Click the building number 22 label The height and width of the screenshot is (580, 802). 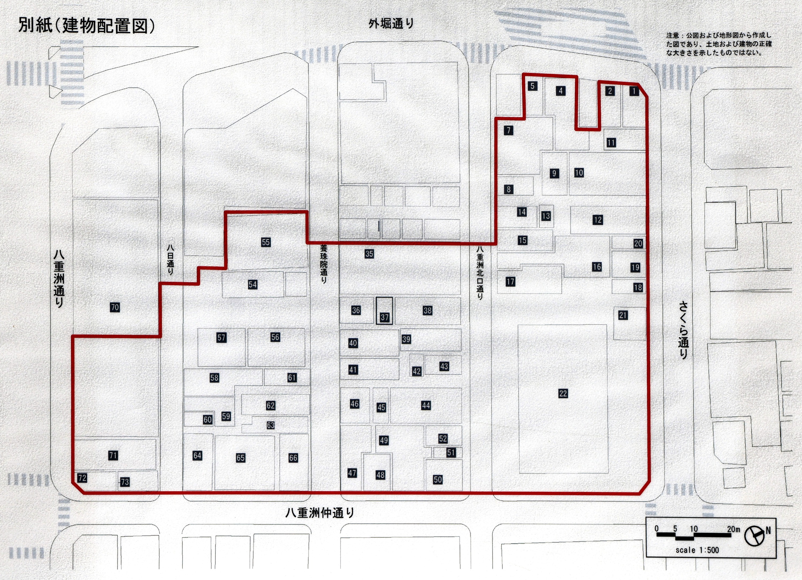563,393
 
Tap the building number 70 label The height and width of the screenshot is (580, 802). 115,307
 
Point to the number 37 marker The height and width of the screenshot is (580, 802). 384,317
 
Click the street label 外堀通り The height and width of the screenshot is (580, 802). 391,24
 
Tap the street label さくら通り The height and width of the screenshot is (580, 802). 683,330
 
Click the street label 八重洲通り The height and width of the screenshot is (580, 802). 59,279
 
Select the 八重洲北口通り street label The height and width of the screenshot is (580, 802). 480,272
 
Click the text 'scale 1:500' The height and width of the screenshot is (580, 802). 697,550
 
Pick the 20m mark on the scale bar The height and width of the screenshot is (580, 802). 733,529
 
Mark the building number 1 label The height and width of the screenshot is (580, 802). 634,91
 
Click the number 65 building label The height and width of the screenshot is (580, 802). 240,458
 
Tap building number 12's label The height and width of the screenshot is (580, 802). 597,220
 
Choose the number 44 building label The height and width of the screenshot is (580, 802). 426,405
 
